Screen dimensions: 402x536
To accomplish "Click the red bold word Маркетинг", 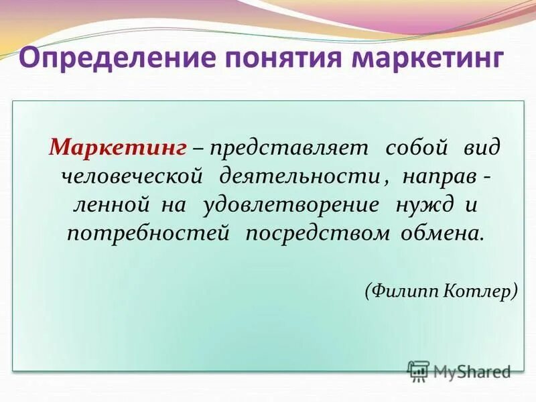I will (x=118, y=147).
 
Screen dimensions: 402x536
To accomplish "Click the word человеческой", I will (x=132, y=176).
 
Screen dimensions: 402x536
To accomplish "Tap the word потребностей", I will (x=148, y=234).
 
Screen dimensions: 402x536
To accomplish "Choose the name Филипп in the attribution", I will (x=403, y=291).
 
